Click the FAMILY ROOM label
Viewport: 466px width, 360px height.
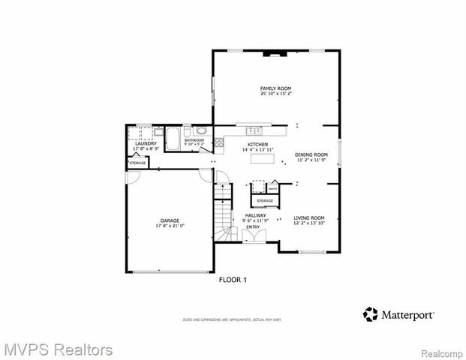(275, 88)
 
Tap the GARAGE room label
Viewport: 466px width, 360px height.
(170, 220)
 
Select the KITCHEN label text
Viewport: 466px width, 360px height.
(257, 144)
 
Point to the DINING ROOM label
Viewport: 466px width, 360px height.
(311, 154)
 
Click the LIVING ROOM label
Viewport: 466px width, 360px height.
(308, 217)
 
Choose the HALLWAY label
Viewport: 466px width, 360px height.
(255, 215)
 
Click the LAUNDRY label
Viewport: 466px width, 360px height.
(146, 143)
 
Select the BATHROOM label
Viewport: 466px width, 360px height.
(195, 140)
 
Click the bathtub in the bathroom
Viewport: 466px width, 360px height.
(173, 139)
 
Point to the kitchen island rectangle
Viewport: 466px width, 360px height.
(262, 159)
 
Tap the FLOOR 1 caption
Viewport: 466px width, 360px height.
(233, 280)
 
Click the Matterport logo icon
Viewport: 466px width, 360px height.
(370, 313)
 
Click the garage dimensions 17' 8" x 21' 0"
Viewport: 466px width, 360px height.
(170, 226)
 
